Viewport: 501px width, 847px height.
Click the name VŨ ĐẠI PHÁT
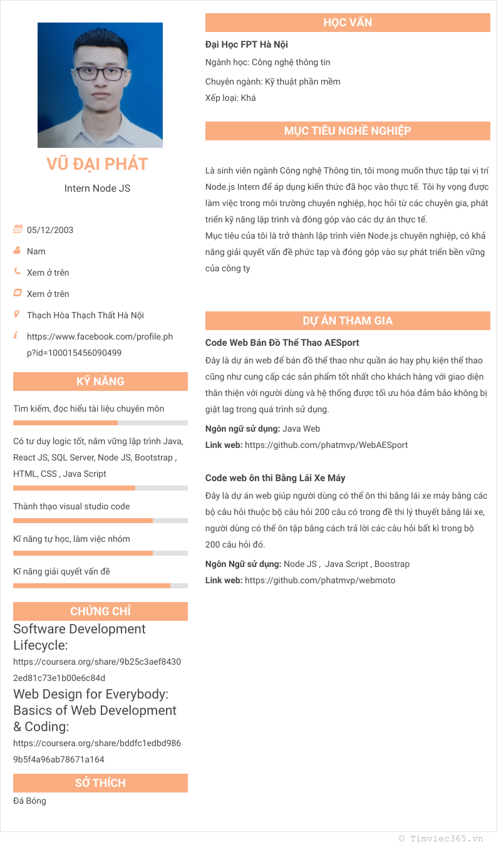coord(97,164)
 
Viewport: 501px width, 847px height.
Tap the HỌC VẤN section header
coord(348,23)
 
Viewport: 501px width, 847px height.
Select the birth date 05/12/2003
coord(50,230)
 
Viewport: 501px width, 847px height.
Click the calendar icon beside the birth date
coord(18,229)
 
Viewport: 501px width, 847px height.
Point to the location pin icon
coord(17,314)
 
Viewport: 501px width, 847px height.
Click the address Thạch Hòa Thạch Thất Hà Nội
coord(85,315)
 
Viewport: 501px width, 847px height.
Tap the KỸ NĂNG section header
coord(100,382)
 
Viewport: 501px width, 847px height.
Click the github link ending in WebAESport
coord(326,445)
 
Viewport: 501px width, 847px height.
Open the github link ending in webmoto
coord(319,580)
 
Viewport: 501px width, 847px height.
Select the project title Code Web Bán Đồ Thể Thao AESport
coord(282,343)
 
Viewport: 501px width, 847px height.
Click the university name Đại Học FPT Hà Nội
coord(247,44)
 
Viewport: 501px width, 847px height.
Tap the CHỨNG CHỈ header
coord(100,611)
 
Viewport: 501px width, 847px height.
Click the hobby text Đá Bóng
coord(29,801)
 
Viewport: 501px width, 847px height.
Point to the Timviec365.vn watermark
coord(442,838)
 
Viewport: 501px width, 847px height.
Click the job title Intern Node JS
coord(97,188)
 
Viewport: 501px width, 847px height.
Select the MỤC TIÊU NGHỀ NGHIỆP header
coord(348,131)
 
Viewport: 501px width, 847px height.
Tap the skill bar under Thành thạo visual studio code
coord(100,521)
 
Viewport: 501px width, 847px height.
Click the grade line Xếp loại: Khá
coord(230,98)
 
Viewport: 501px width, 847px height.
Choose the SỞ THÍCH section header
coord(100,783)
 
